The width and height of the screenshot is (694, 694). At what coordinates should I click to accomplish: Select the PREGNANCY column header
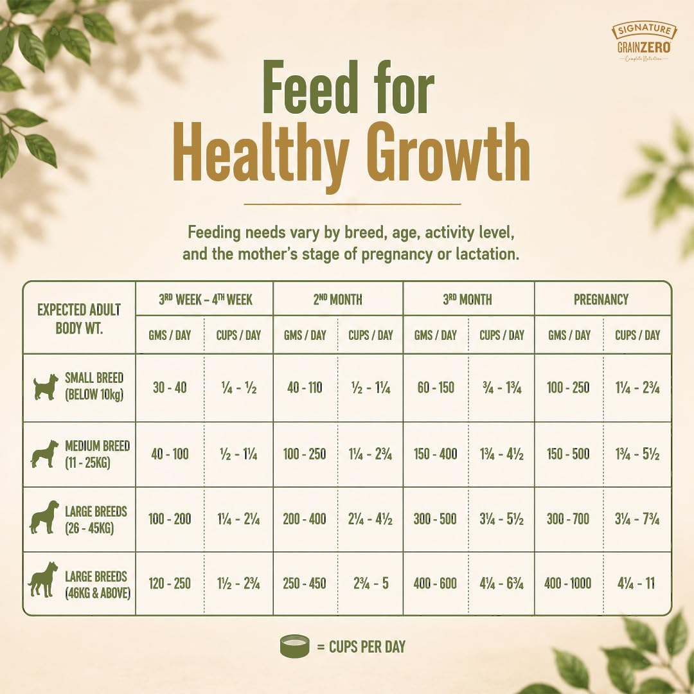[601, 299]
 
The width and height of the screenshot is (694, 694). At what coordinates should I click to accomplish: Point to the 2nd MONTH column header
[338, 299]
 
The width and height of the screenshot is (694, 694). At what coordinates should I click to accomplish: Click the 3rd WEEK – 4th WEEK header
[206, 299]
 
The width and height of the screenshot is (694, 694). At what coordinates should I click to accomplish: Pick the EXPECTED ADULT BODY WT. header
[79, 319]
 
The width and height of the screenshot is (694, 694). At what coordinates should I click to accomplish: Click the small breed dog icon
[46, 387]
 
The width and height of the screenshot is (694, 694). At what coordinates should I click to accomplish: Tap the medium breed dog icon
[44, 454]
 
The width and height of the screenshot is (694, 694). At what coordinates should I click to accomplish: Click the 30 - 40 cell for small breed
[170, 387]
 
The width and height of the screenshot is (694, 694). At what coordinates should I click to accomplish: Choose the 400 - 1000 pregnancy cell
[568, 583]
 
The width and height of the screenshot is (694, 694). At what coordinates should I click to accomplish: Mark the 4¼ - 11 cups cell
[636, 583]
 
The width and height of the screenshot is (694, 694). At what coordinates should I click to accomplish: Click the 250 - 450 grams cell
[305, 583]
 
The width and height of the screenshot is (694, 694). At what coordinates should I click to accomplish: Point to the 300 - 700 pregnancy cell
[568, 519]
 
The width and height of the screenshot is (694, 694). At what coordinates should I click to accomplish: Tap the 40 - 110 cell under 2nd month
[305, 387]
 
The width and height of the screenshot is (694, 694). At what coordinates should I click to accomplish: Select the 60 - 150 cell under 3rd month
[436, 387]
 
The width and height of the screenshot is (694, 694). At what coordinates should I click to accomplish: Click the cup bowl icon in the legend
[295, 646]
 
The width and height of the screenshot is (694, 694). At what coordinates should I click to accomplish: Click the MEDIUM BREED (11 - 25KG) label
[98, 454]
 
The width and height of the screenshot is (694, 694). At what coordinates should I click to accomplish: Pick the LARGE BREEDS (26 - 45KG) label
[96, 520]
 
